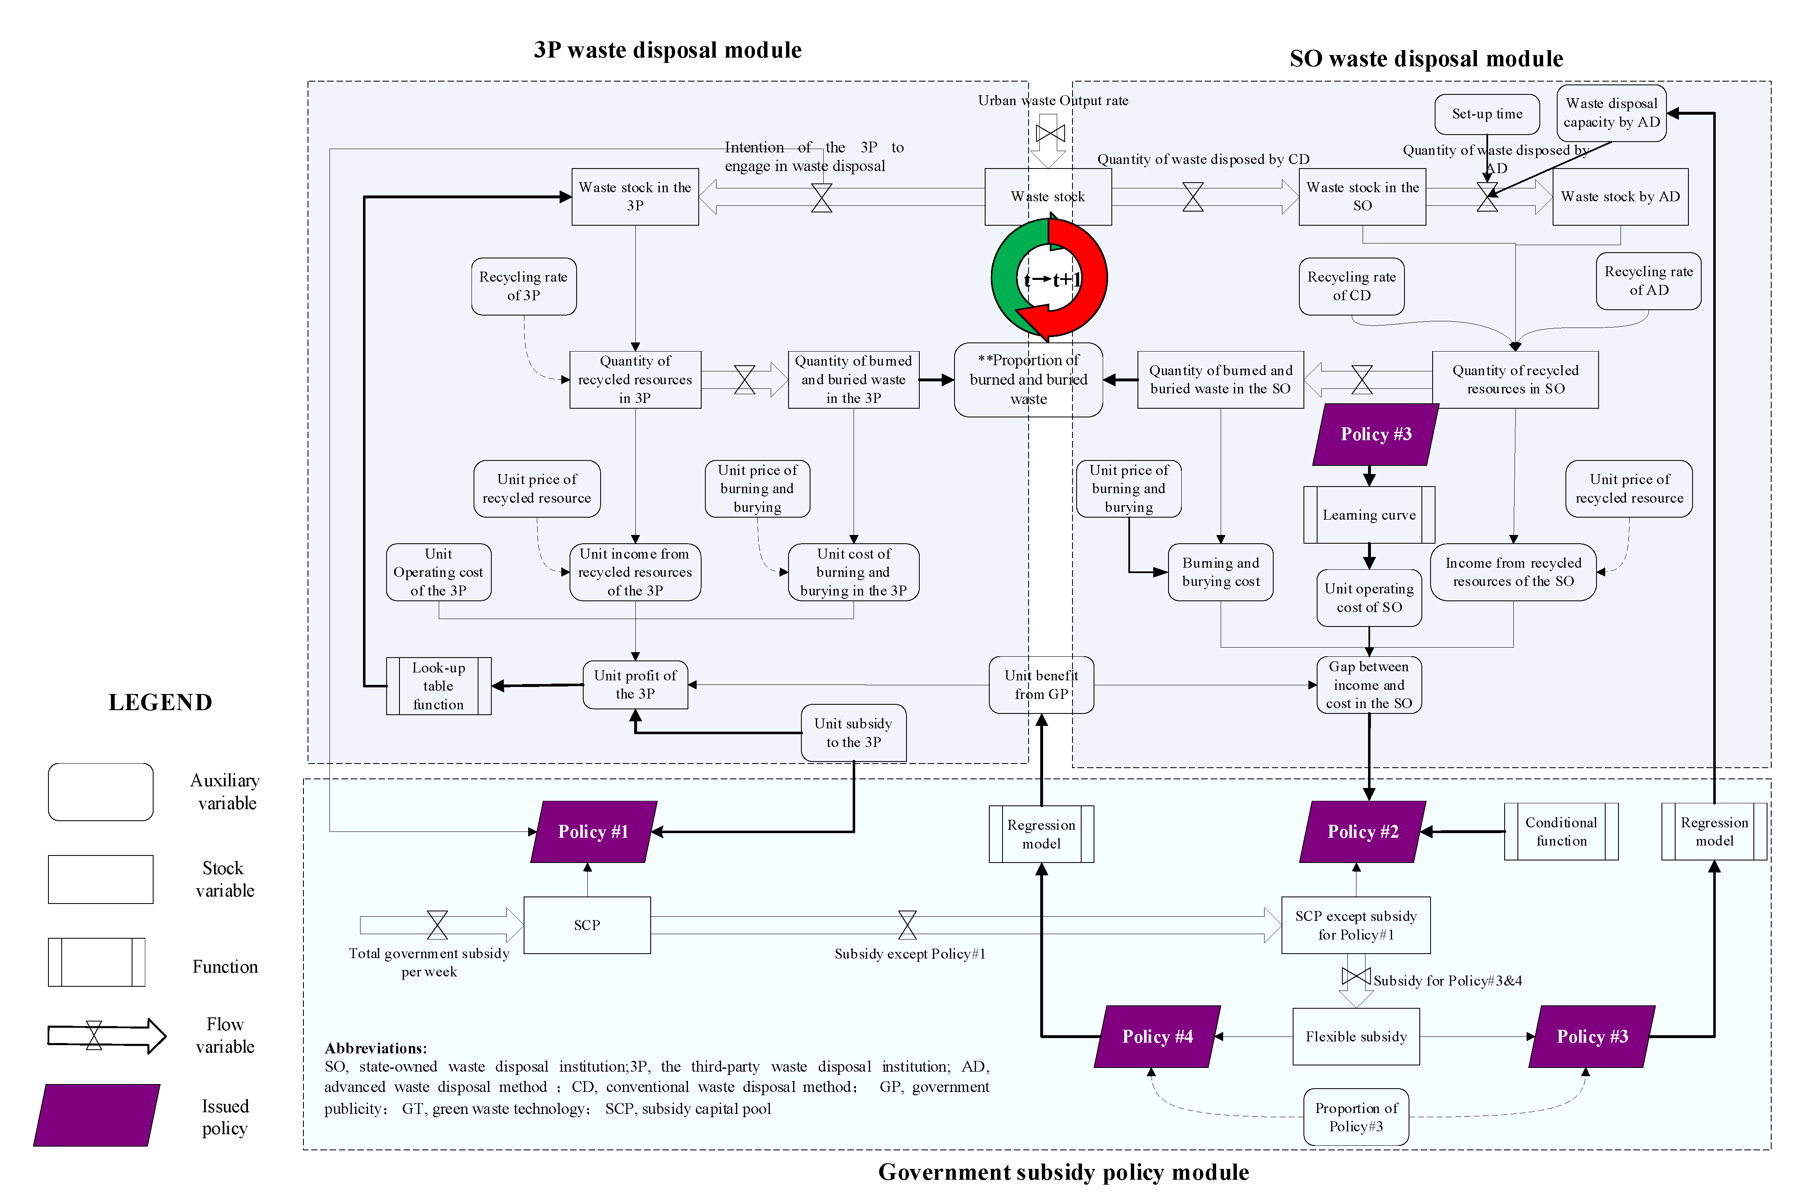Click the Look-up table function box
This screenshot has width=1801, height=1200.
438,686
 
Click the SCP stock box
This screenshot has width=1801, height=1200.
587,925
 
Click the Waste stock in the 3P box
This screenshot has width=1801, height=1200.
635,197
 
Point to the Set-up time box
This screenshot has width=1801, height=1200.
1487,114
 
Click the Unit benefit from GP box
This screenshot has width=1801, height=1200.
1041,685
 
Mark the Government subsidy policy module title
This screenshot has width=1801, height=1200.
1063,1172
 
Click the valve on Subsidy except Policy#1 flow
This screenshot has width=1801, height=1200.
907,925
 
